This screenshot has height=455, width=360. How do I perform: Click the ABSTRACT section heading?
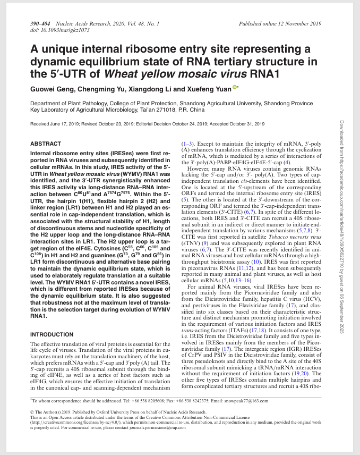45,144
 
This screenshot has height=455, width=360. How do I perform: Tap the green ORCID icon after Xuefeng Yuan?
235,88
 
